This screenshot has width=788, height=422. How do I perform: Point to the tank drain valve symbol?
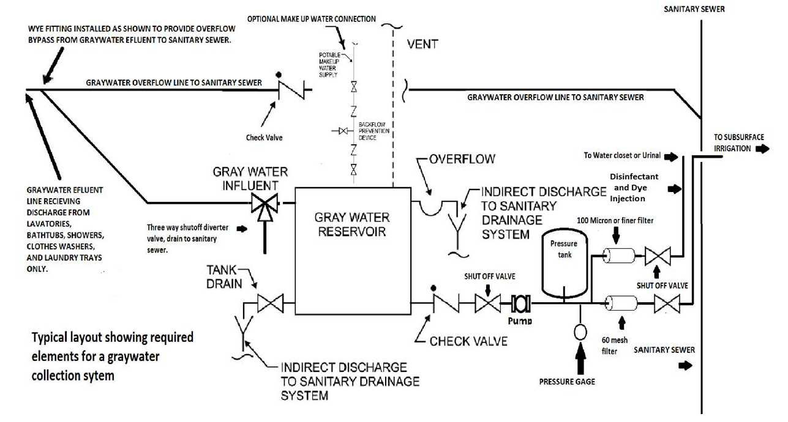270,303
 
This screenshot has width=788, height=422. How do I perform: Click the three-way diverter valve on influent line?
265,202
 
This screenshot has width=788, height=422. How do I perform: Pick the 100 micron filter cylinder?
617,255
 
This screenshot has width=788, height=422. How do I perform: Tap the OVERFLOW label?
462,159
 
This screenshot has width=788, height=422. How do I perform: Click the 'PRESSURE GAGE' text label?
566,382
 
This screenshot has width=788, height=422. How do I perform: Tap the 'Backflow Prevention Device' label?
377,131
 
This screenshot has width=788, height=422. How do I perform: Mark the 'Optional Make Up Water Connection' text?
311,19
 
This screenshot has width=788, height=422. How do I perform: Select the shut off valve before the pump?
487,302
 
